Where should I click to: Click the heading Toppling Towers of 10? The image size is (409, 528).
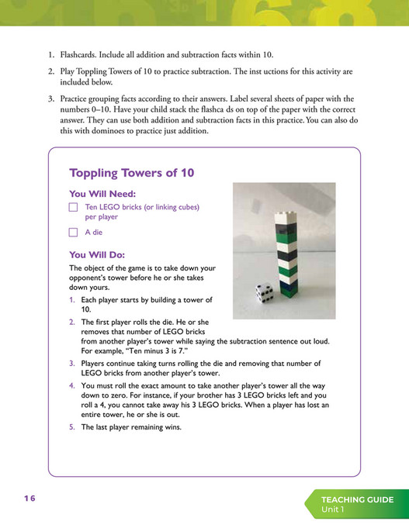point(131,173)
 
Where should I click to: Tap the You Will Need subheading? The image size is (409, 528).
point(102,193)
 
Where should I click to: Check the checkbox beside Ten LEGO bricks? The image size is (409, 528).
point(73,208)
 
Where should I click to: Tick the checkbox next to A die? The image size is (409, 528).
point(73,232)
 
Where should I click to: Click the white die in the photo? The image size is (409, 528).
point(264,293)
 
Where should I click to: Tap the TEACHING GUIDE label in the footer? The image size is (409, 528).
point(357,499)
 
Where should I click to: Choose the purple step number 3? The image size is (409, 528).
point(71,363)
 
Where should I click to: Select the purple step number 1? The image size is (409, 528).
point(71,299)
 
